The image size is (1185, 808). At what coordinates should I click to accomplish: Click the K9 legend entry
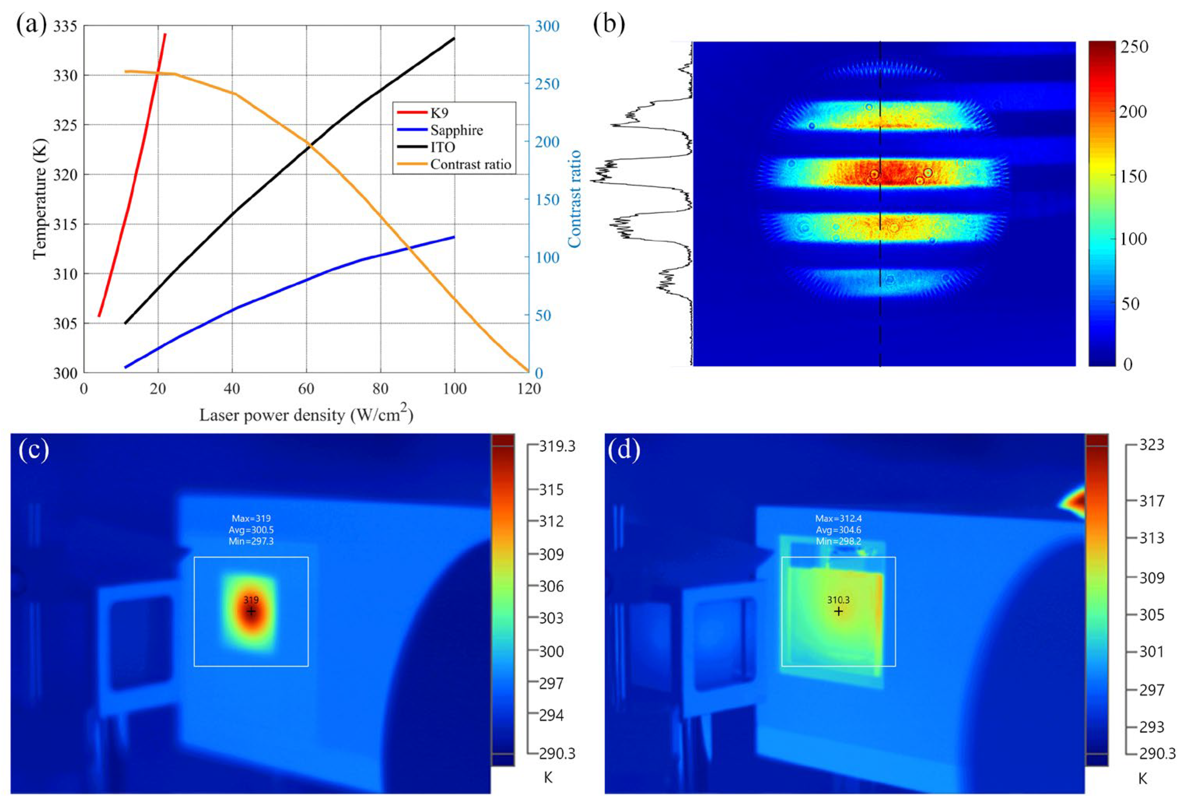(x=439, y=113)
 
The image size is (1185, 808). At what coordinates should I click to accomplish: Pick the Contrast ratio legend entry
(x=470, y=164)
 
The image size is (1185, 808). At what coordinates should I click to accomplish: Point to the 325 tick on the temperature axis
(x=65, y=125)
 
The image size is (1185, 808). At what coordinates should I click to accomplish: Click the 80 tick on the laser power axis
(x=380, y=389)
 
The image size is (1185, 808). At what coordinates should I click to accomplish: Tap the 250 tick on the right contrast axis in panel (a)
(x=547, y=84)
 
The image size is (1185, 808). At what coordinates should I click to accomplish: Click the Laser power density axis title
(x=306, y=415)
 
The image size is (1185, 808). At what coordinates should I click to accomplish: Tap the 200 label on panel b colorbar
(x=1133, y=111)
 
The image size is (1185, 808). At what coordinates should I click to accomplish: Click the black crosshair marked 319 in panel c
(x=251, y=611)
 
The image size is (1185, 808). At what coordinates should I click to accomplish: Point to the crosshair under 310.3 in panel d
(x=838, y=611)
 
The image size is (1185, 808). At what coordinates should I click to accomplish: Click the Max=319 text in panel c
(x=251, y=519)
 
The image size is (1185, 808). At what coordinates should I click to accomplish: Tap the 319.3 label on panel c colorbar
(x=557, y=446)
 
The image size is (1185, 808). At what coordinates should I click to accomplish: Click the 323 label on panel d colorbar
(x=1152, y=445)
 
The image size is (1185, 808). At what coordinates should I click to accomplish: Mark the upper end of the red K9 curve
(x=165, y=34)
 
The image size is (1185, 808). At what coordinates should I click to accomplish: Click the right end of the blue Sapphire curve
(x=454, y=237)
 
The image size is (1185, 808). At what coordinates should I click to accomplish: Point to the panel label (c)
(x=34, y=450)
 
